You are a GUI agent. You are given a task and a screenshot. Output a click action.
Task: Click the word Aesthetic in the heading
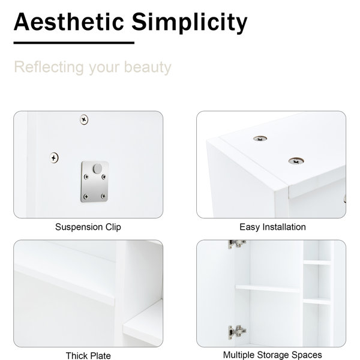69,22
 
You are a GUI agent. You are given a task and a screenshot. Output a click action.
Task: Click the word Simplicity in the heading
190,23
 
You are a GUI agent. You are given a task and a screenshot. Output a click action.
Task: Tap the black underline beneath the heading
74,43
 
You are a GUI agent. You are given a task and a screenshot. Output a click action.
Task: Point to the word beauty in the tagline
148,67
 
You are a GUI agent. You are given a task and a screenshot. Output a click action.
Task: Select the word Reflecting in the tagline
49,67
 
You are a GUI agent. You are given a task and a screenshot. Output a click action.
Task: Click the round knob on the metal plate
97,169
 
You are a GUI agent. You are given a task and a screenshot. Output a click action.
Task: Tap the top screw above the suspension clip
84,119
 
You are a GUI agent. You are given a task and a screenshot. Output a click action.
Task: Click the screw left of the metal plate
54,158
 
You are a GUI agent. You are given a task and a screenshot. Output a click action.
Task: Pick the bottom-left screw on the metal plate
86,197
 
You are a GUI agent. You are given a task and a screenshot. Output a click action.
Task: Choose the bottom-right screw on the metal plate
103,196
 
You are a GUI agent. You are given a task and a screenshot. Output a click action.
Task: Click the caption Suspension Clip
88,227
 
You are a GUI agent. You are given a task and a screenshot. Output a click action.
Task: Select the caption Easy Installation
272,227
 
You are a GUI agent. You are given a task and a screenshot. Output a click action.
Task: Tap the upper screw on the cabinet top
260,139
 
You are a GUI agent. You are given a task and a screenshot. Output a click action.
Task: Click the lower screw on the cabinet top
296,161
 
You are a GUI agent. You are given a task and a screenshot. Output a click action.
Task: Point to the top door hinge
237,244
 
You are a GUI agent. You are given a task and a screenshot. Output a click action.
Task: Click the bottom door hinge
237,332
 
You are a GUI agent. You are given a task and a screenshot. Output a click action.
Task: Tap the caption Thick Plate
88,356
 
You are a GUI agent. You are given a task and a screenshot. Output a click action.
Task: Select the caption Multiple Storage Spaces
272,355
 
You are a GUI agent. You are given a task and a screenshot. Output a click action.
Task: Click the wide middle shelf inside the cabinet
268,288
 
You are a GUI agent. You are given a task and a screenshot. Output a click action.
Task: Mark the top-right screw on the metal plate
104,177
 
